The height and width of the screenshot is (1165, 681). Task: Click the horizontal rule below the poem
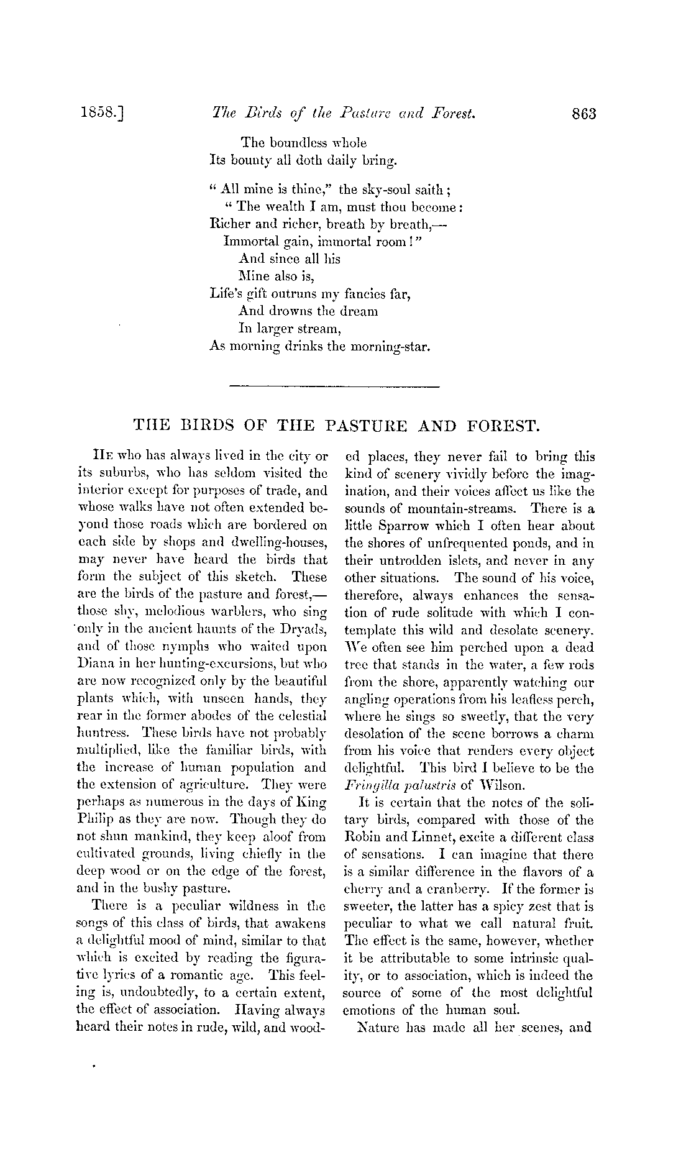[334, 387]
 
